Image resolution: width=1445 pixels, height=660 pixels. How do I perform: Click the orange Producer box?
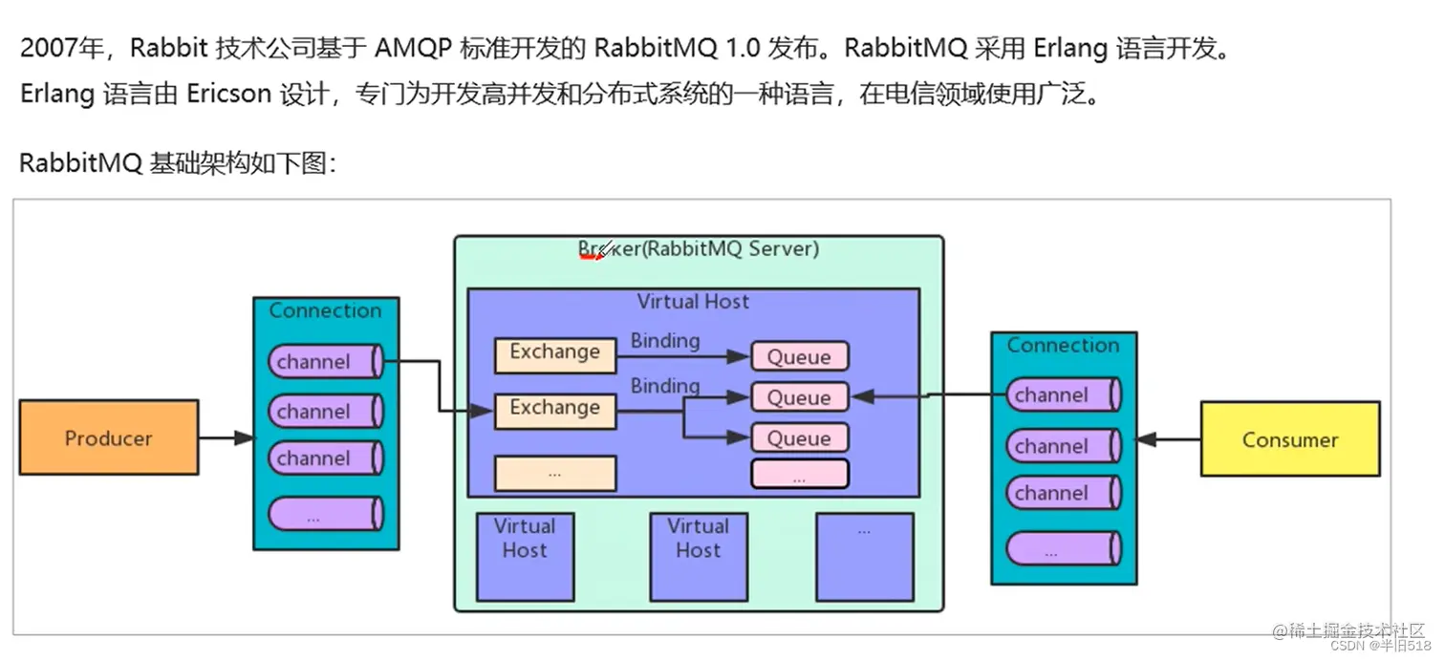pos(109,437)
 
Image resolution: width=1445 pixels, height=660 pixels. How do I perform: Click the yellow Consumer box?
pos(1289,439)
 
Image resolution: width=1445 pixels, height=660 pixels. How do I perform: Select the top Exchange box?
pos(554,353)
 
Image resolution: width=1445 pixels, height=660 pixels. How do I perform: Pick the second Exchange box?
pos(554,409)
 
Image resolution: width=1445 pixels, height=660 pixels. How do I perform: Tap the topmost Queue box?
pos(799,356)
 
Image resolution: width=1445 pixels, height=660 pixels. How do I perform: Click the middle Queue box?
pos(799,397)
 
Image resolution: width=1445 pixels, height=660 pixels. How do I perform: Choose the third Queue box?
pos(799,438)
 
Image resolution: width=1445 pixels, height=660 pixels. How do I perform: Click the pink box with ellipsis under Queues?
pos(799,475)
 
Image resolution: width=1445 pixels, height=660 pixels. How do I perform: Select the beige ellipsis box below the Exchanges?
pos(554,473)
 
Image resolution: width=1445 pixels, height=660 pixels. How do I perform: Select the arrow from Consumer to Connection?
pos(1168,440)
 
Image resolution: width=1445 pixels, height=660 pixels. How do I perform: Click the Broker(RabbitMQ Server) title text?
pos(699,249)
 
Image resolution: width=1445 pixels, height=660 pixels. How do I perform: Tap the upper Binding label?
pos(665,340)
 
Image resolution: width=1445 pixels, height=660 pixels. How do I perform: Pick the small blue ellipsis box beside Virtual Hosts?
pos(864,557)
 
